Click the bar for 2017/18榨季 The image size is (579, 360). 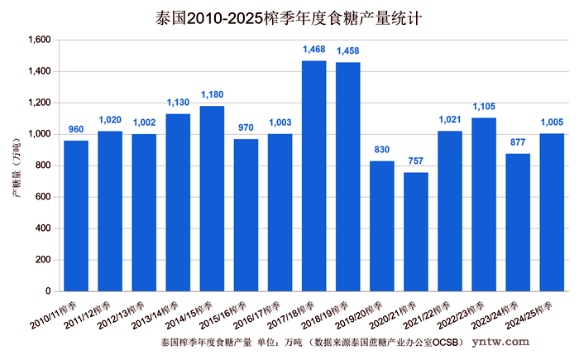[313, 175]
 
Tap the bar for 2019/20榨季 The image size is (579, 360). [381, 226]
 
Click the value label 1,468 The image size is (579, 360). [314, 50]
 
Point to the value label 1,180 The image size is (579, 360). [213, 96]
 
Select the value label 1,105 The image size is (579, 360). [484, 108]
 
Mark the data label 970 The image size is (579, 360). [246, 129]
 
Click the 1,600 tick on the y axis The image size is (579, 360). [39, 40]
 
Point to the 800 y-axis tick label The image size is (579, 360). [43, 166]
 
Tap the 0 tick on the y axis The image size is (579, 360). [48, 291]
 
